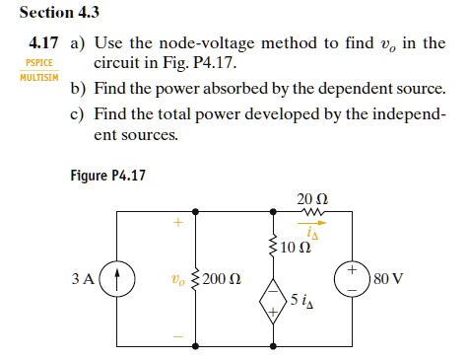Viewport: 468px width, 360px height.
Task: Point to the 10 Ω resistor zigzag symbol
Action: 273,246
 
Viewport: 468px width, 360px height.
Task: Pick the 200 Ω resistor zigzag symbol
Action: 196,279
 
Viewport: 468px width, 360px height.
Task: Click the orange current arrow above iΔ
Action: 312,223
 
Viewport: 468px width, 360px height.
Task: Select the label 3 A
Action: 83,279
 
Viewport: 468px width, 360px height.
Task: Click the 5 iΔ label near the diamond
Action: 301,300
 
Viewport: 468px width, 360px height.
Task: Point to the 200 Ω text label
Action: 222,279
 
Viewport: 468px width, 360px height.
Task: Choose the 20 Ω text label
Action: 312,199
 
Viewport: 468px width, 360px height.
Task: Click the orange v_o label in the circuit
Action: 178,279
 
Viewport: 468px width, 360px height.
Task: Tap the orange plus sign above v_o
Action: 177,223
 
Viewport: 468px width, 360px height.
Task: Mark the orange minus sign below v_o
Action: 178,336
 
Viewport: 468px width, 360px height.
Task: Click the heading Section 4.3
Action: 59,13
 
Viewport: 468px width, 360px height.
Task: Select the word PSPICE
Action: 39,62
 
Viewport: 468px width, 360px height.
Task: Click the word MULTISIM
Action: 39,78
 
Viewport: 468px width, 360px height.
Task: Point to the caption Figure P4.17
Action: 107,175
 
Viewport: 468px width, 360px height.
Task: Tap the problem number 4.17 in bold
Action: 43,42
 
